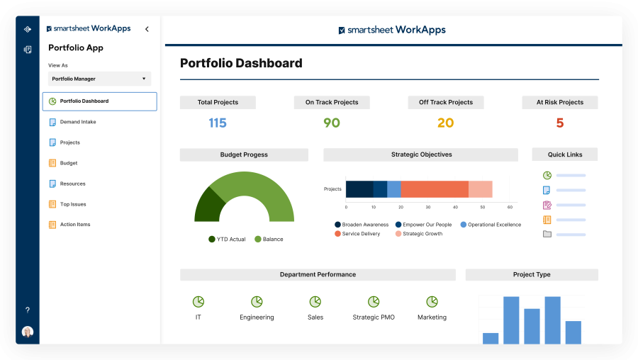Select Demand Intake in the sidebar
(x=77, y=122)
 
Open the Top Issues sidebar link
(x=72, y=204)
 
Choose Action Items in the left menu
(x=74, y=225)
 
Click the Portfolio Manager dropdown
(x=99, y=79)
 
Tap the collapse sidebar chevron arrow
(x=147, y=29)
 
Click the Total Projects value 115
(x=218, y=123)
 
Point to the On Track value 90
(x=332, y=123)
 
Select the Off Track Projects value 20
(x=445, y=123)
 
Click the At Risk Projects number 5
(x=559, y=123)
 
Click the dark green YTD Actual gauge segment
(x=208, y=206)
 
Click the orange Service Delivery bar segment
(x=435, y=189)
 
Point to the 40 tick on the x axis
(x=455, y=207)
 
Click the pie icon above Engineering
(x=257, y=302)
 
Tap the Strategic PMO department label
(x=374, y=317)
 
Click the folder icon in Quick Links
(x=547, y=234)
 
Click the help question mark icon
(x=28, y=310)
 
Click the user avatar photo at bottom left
(x=28, y=332)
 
